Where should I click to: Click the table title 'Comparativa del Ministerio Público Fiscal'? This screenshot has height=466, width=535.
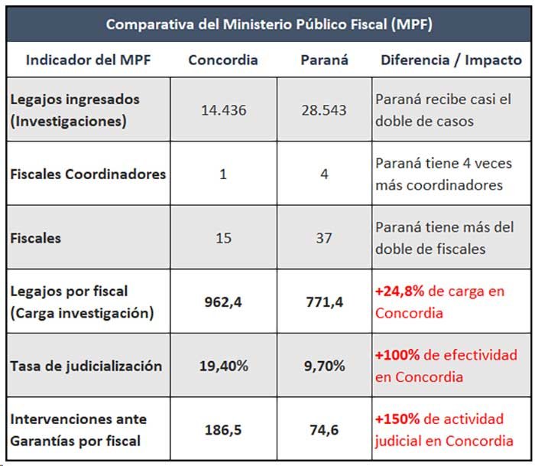pyautogui.click(x=269, y=24)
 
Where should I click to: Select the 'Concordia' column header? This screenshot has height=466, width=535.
pyautogui.click(x=223, y=60)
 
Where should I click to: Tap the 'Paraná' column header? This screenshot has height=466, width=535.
pyautogui.click(x=324, y=60)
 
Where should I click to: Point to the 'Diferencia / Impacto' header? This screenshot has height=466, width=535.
pyautogui.click(x=451, y=60)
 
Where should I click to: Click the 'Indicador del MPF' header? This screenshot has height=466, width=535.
pyautogui.click(x=88, y=60)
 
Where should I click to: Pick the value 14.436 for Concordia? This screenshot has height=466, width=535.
pyautogui.click(x=223, y=110)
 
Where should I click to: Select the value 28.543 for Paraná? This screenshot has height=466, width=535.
pyautogui.click(x=324, y=110)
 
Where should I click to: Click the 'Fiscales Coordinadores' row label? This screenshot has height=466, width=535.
pyautogui.click(x=88, y=174)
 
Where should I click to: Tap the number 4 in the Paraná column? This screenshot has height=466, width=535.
pyautogui.click(x=324, y=174)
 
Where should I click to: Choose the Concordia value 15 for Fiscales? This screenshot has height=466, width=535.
pyautogui.click(x=223, y=238)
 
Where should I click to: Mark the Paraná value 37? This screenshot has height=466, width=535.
pyautogui.click(x=324, y=238)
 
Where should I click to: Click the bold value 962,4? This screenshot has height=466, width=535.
pyautogui.click(x=223, y=302)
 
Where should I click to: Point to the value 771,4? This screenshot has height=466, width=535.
pyautogui.click(x=324, y=302)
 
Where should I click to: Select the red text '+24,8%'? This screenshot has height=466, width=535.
pyautogui.click(x=400, y=292)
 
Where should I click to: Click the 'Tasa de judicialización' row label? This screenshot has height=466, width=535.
pyautogui.click(x=86, y=367)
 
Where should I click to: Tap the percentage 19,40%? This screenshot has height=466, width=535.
pyautogui.click(x=223, y=366)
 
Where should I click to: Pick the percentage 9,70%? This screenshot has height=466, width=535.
pyautogui.click(x=324, y=366)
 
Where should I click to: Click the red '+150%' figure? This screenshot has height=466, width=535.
pyautogui.click(x=397, y=419)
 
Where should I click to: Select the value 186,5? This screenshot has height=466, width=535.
pyautogui.click(x=223, y=430)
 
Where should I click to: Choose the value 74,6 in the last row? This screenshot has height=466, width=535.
pyautogui.click(x=324, y=430)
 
